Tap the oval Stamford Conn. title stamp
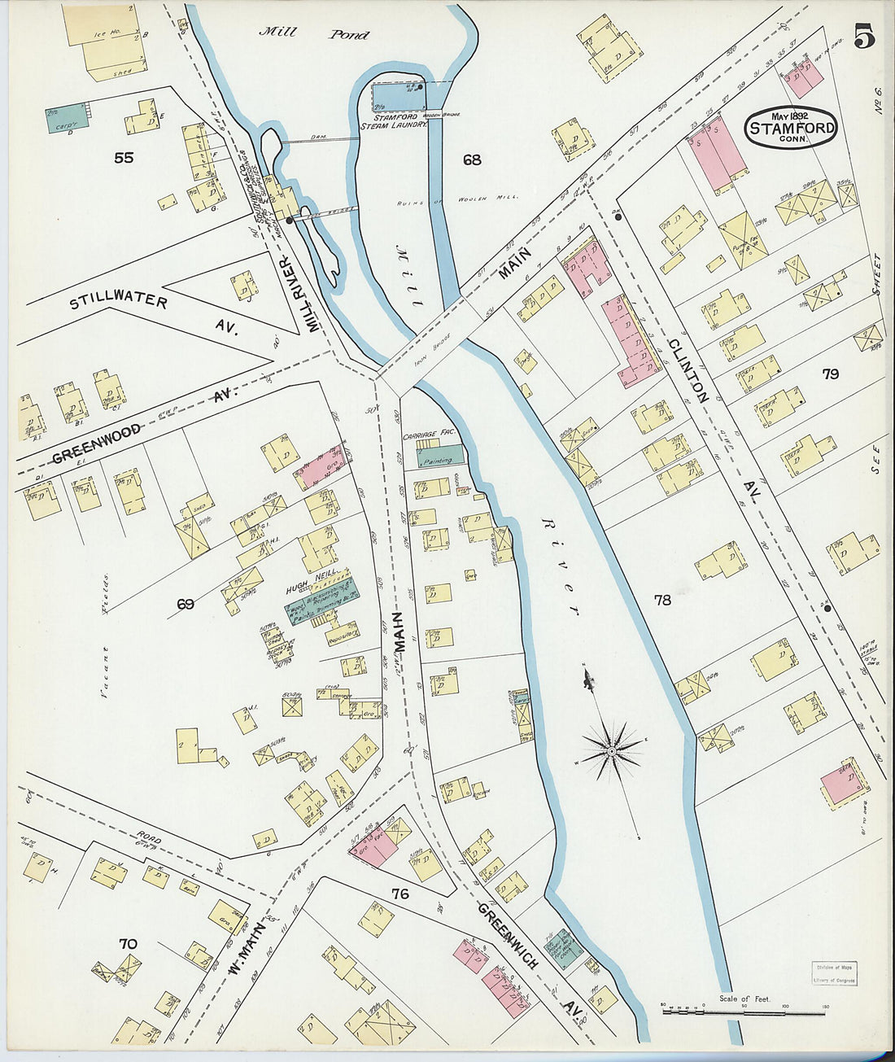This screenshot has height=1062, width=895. (792, 128)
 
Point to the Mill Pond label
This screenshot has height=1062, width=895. (314, 34)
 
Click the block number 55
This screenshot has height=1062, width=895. (124, 158)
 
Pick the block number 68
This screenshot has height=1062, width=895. (472, 160)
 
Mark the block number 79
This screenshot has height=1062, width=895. (830, 374)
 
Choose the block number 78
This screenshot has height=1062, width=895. (662, 600)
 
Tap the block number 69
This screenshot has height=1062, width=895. (186, 604)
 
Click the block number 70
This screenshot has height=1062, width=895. (128, 944)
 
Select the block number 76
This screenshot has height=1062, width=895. (399, 894)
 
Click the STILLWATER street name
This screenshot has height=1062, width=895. (119, 301)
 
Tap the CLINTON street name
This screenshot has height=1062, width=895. (688, 370)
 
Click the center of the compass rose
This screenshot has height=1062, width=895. (610, 750)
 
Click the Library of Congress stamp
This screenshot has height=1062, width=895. (834, 972)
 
